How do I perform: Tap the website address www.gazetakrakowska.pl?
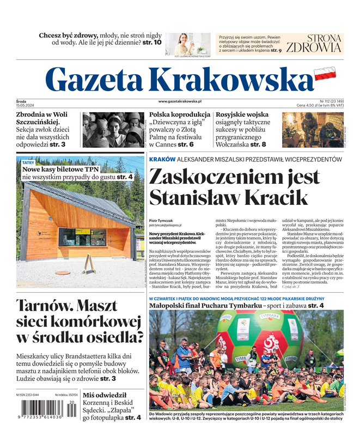180,101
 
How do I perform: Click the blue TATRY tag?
28,162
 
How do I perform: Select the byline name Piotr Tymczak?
161,220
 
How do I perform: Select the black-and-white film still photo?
113,130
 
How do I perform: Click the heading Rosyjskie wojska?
242,115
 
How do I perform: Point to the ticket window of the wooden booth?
83,237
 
